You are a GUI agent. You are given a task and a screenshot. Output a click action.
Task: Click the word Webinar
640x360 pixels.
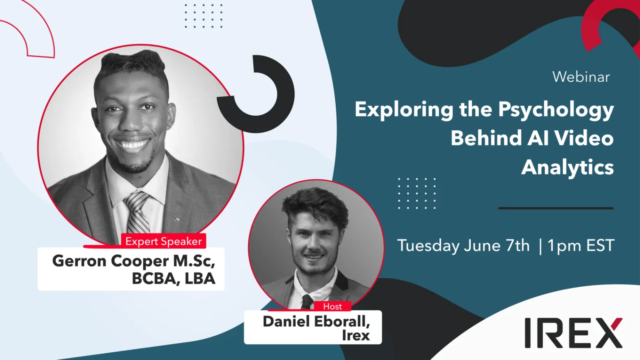click(x=581, y=77)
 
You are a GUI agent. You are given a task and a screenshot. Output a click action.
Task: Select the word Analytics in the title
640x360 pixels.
click(x=568, y=168)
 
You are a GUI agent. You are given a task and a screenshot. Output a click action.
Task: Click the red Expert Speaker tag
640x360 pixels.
click(x=164, y=241)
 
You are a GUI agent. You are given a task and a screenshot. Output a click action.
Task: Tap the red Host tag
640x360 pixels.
click(x=332, y=306)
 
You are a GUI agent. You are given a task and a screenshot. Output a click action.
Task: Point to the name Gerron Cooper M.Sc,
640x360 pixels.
click(x=134, y=261)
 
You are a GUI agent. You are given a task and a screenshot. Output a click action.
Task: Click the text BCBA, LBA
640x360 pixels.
click(x=174, y=278)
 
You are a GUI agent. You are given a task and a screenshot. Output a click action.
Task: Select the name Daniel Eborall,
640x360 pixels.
click(x=316, y=322)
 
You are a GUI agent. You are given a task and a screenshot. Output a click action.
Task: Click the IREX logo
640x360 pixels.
click(x=574, y=332)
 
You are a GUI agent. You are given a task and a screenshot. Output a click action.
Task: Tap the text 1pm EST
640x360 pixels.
click(x=580, y=245)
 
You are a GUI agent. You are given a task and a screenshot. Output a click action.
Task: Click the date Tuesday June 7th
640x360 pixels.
click(x=463, y=246)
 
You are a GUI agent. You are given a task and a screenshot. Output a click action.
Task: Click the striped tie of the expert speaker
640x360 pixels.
click(x=138, y=212)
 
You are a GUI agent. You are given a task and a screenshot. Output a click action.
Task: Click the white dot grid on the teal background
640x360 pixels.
click(x=417, y=194)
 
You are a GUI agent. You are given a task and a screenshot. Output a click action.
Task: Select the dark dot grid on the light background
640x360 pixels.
click(x=204, y=16)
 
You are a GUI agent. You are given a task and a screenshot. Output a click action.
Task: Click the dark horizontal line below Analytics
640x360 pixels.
click(x=556, y=208)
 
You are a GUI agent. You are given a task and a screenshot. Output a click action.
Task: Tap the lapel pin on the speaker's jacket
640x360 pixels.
click(x=176, y=220)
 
